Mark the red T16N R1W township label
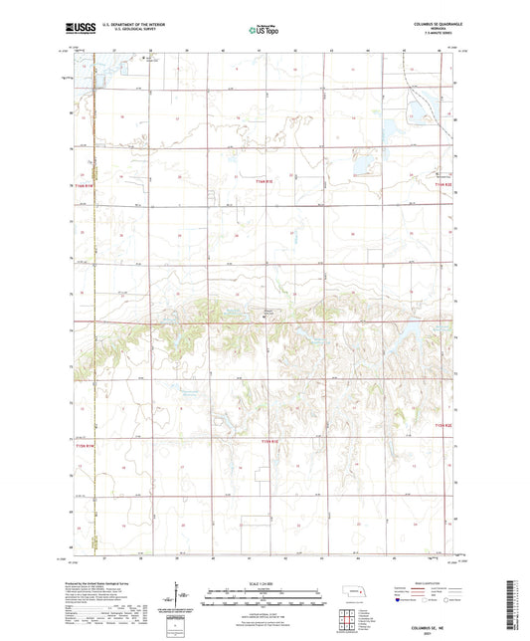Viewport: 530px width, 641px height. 81,186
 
